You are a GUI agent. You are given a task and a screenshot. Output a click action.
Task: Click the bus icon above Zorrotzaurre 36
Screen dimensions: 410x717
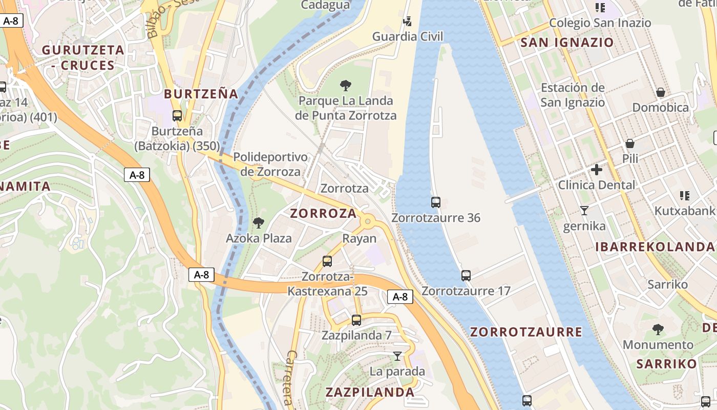435,202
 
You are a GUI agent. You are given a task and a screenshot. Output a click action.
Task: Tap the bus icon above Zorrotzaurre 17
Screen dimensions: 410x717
466,276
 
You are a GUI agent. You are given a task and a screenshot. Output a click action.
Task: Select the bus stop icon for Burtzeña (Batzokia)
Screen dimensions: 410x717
177,116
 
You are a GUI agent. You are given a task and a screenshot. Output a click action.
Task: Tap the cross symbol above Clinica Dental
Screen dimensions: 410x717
597,170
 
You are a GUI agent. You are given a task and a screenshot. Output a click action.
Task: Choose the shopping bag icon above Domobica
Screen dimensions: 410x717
661,93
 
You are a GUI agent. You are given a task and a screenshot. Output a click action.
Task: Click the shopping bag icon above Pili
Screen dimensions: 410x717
630,144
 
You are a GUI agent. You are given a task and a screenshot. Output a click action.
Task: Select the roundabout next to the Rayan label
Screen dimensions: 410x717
367,221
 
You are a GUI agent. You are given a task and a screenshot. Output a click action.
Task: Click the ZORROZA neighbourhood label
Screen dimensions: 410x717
323,214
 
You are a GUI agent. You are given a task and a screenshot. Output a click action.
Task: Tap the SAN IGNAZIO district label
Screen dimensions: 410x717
567,43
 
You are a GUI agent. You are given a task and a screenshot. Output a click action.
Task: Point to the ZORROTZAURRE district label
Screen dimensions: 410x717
526,332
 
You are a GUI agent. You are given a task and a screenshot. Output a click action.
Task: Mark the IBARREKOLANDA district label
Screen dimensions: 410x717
655,247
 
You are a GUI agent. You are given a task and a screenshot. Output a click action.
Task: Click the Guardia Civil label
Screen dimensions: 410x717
407,36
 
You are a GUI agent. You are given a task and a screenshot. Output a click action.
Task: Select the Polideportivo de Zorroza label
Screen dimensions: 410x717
270,164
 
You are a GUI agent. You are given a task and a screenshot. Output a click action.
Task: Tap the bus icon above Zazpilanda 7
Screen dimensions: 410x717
356,320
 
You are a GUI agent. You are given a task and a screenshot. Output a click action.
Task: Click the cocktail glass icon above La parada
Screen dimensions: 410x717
397,356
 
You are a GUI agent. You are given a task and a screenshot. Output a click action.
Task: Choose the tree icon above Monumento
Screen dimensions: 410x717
658,330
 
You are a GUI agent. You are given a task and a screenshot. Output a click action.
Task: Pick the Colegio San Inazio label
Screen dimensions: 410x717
600,23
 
